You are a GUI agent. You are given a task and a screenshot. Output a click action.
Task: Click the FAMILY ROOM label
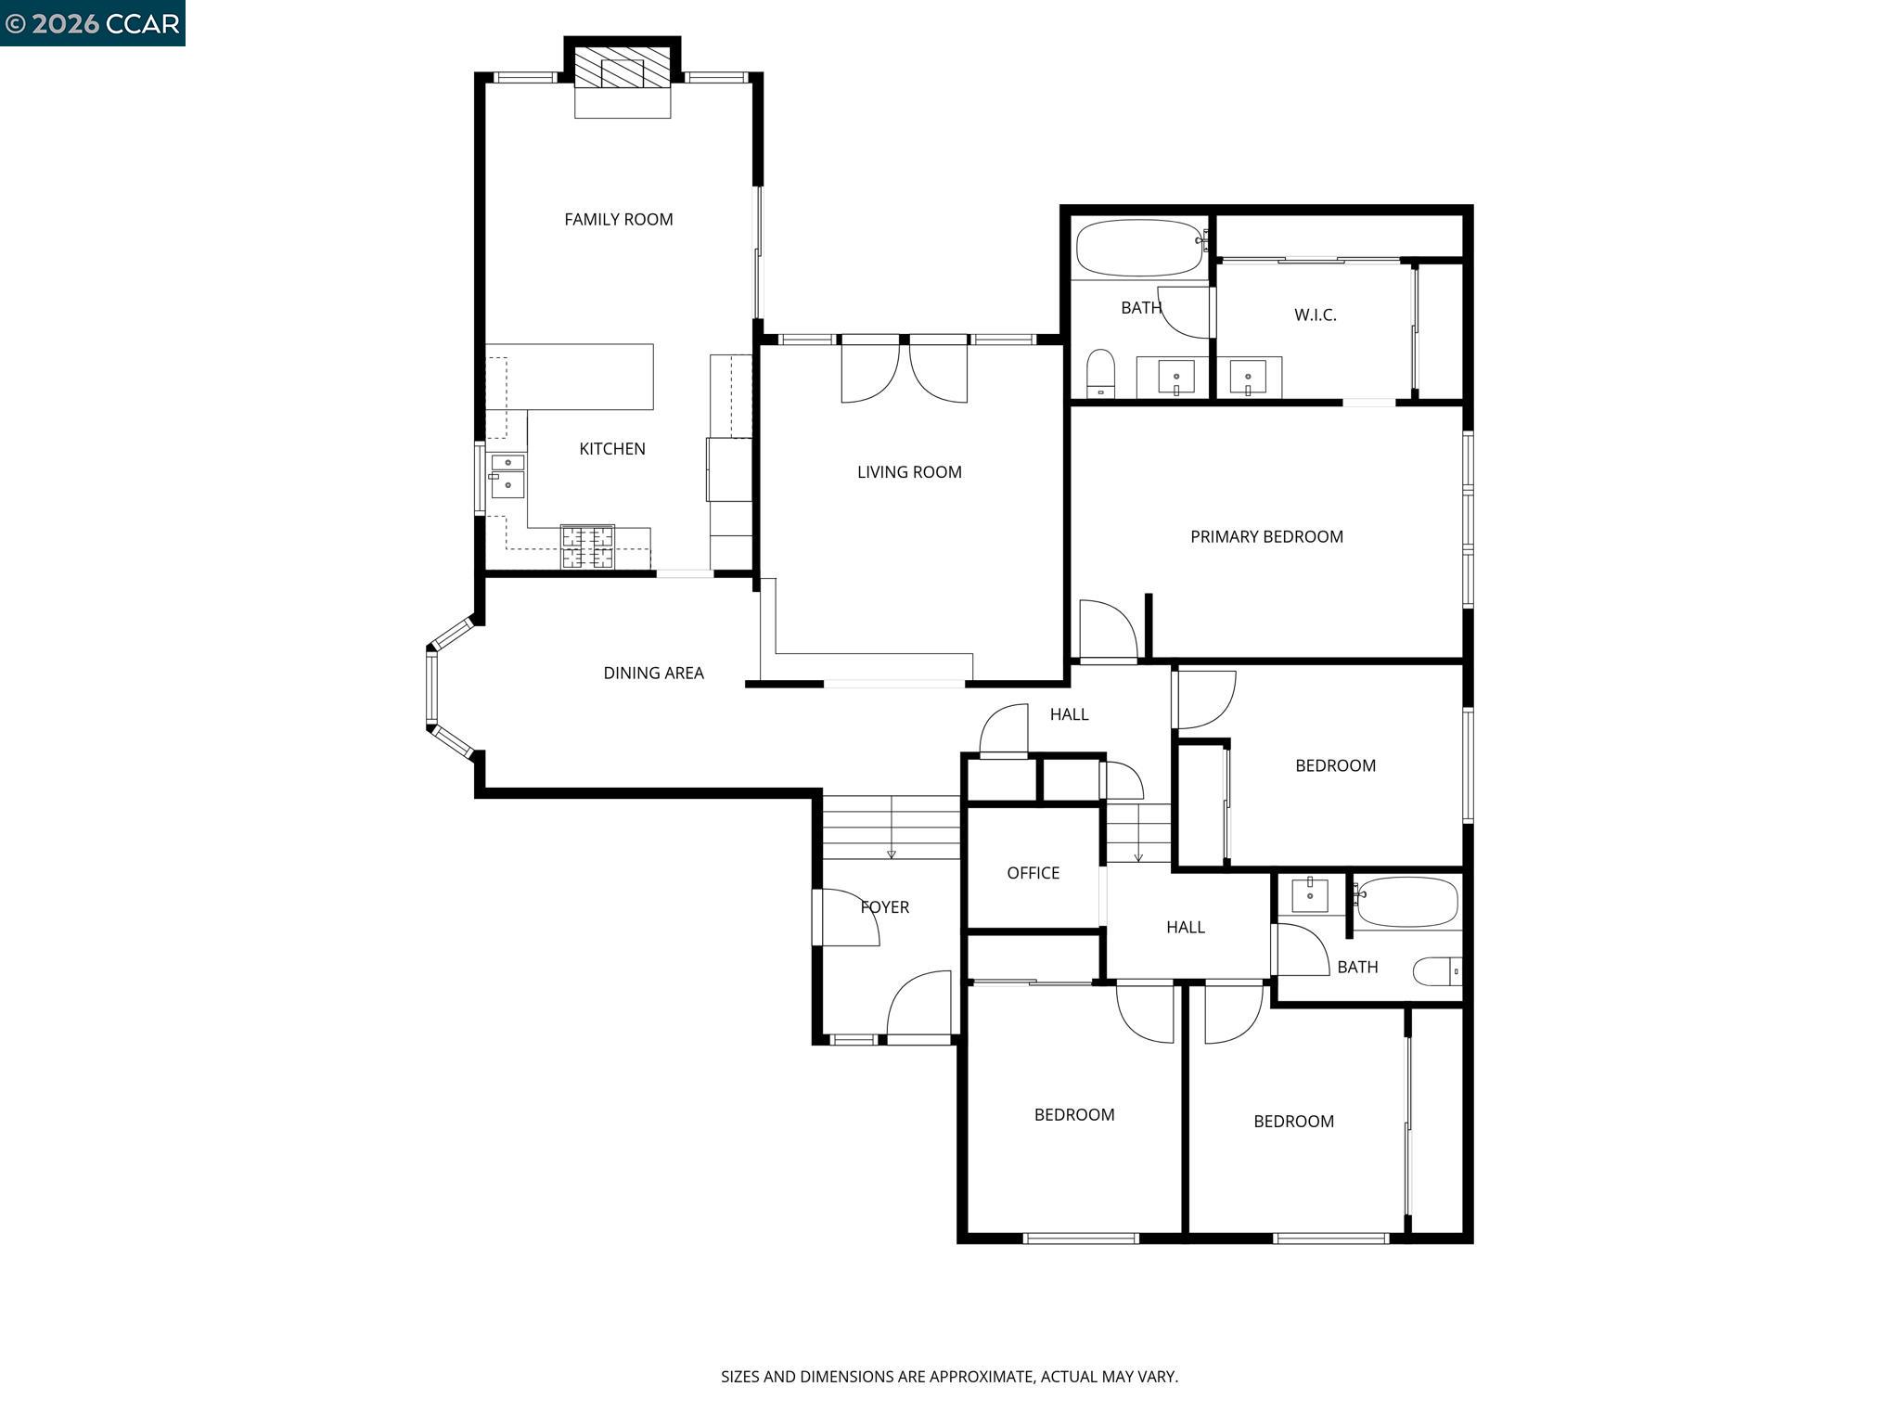coord(619,220)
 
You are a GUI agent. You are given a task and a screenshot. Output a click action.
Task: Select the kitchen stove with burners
coord(587,546)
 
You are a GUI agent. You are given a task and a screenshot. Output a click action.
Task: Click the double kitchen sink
coord(507,474)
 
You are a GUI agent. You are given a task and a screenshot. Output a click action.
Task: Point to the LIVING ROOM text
coord(909,472)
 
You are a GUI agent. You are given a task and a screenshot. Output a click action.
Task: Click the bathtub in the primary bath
coord(1140,247)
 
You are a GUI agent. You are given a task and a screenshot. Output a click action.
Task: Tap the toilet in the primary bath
coord(1100,374)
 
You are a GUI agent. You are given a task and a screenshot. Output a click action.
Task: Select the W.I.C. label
coord(1315,315)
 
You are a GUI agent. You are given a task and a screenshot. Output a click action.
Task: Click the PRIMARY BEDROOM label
coord(1266,537)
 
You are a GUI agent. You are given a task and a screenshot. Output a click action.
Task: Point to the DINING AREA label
coord(653,674)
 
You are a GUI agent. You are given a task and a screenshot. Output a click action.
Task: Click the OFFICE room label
coord(1033,873)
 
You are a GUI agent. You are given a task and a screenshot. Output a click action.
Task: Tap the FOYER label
coord(884,907)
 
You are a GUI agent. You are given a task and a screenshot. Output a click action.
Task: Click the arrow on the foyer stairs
coord(892,853)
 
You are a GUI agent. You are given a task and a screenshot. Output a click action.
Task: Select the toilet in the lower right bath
coord(1436,971)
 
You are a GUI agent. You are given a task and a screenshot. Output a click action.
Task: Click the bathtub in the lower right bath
coord(1406,902)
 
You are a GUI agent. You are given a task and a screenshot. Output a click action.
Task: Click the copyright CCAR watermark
coord(92,23)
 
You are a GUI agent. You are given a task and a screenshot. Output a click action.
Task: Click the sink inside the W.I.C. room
coord(1248,378)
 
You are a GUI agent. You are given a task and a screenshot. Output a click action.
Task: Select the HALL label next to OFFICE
coord(1185,927)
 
